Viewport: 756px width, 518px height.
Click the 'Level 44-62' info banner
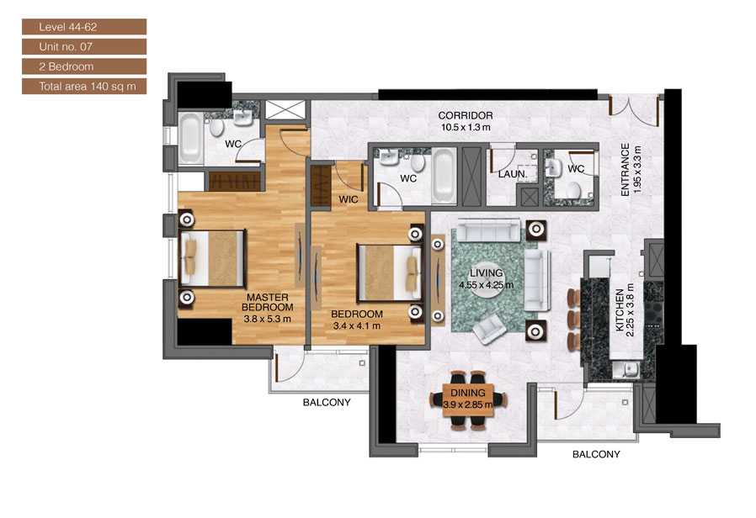[84, 27]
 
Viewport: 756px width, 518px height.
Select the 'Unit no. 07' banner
[84, 46]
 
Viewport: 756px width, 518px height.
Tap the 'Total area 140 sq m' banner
[84, 86]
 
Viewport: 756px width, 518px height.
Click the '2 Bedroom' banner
[84, 66]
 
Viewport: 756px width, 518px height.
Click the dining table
[466, 398]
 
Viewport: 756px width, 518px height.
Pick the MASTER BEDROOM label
[268, 303]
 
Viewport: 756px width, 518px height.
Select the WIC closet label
[349, 199]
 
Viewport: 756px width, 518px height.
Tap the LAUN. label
[512, 174]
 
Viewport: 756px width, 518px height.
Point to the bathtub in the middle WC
[444, 177]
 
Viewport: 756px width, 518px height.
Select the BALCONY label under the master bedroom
[326, 403]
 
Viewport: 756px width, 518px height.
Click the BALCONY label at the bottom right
[595, 454]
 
